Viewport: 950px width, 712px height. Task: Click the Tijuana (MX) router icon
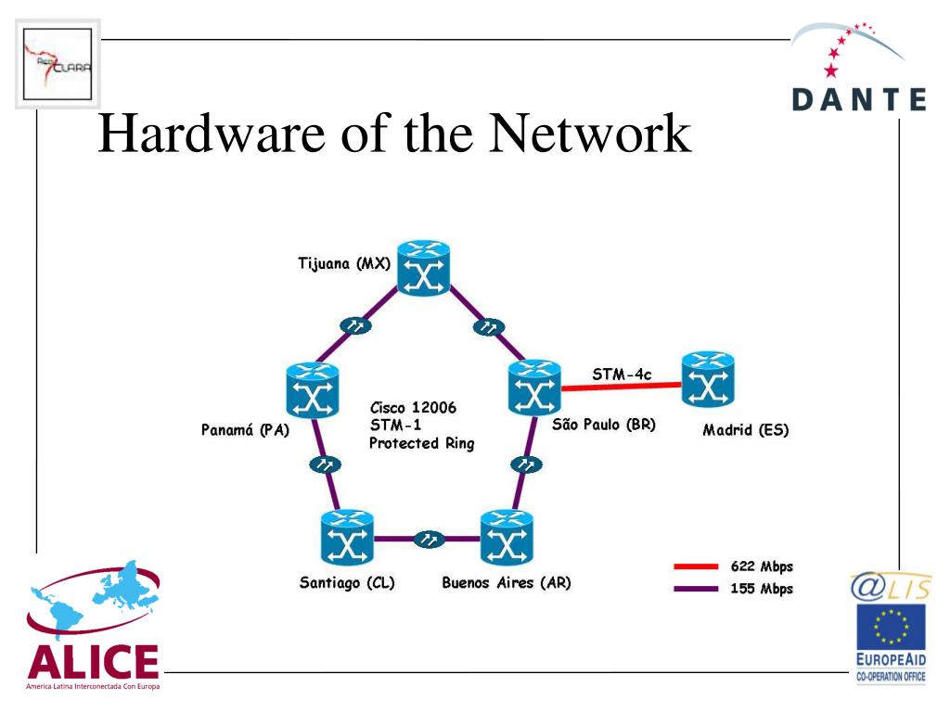click(x=424, y=268)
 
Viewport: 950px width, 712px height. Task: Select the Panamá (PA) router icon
click(x=312, y=390)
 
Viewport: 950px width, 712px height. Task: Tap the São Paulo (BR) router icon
click(x=534, y=388)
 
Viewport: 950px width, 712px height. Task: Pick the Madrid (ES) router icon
click(x=708, y=379)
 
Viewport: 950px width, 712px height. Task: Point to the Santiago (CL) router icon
click(x=347, y=538)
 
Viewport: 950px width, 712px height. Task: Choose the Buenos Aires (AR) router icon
click(x=507, y=538)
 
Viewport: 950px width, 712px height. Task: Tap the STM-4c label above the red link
click(x=622, y=375)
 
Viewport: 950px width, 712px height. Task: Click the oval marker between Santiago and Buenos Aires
click(x=429, y=539)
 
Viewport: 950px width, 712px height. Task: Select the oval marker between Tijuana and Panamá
click(x=355, y=325)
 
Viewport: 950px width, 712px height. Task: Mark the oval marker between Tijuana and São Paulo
click(x=488, y=327)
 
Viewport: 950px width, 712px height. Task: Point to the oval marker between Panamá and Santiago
click(x=325, y=464)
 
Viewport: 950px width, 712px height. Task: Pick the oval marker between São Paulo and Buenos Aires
click(x=527, y=464)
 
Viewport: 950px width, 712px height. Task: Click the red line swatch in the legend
click(x=696, y=566)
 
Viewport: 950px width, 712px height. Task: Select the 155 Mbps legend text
click(x=762, y=589)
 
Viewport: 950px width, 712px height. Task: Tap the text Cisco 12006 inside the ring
click(x=413, y=408)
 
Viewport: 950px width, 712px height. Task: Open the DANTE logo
click(x=859, y=68)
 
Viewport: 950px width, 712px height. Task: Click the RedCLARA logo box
click(x=58, y=64)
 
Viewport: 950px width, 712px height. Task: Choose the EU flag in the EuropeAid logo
click(x=891, y=627)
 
